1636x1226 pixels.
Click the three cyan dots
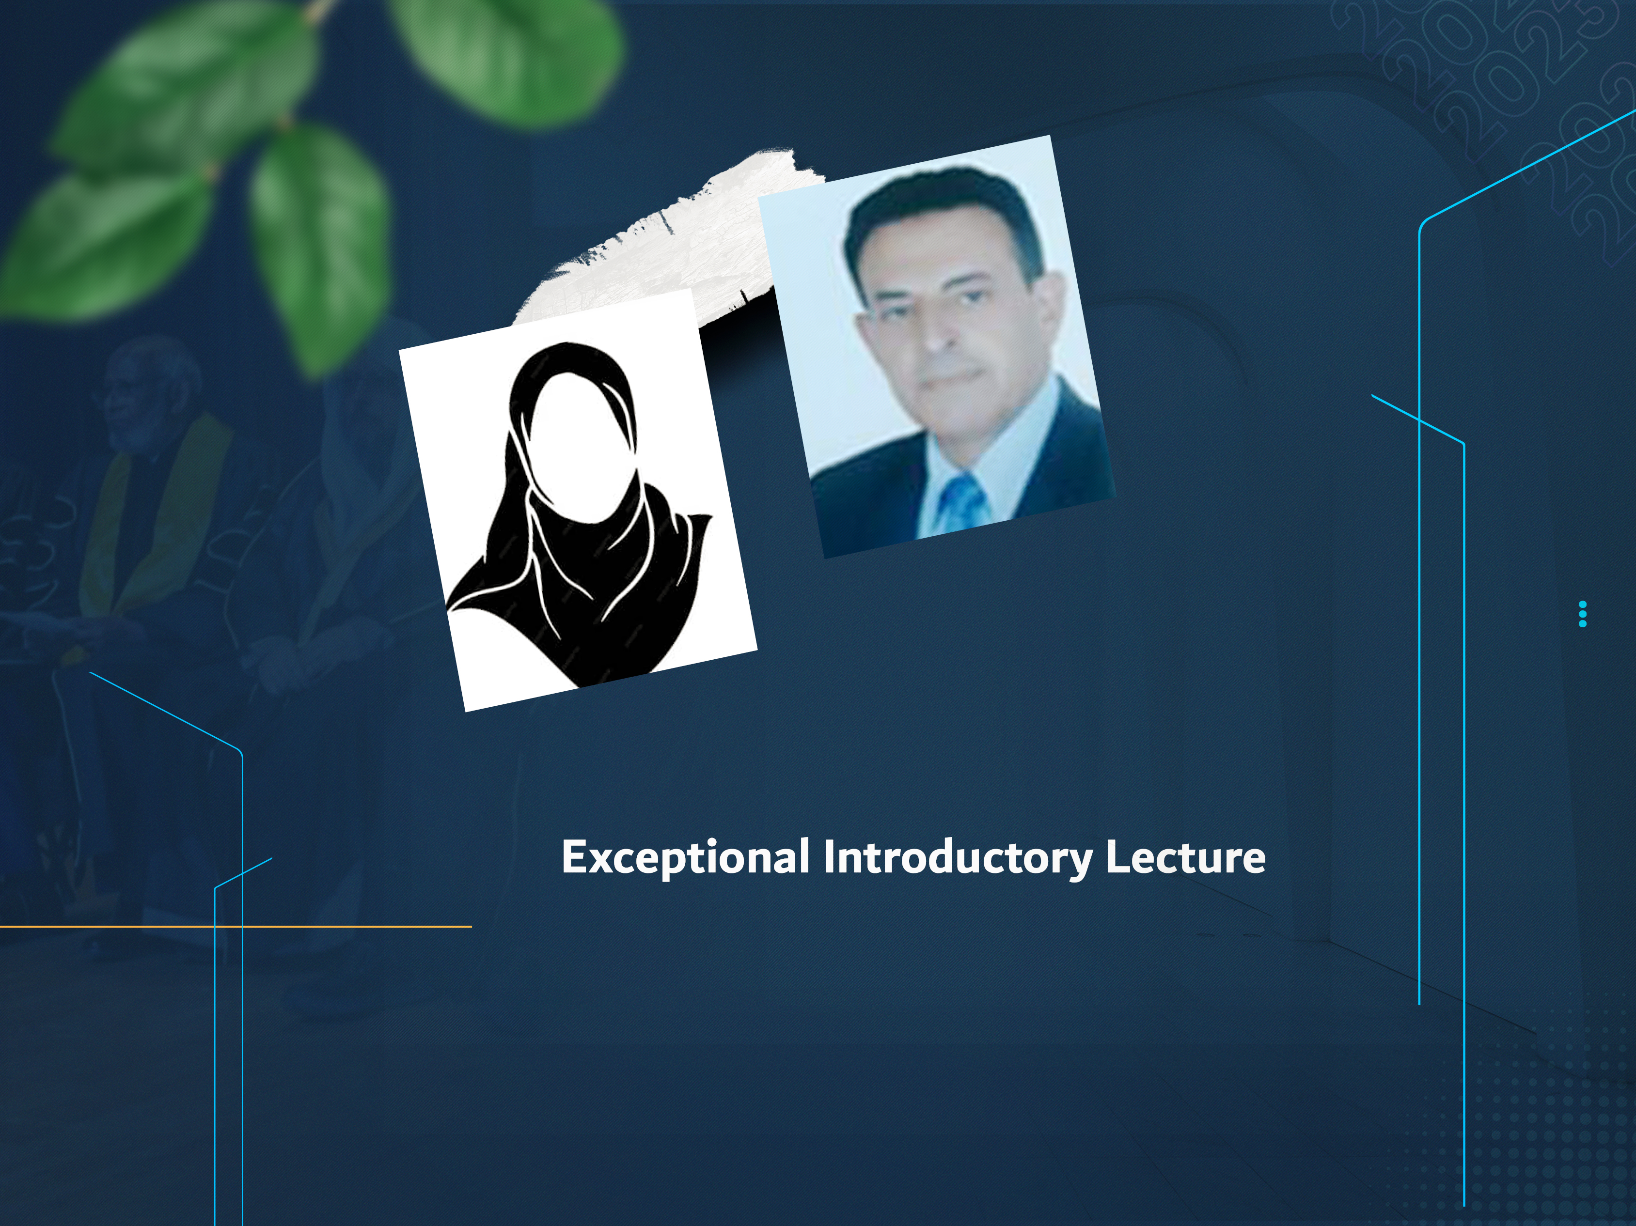(x=1582, y=614)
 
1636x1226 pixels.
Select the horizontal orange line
(x=235, y=926)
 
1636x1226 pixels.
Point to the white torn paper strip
(x=666, y=244)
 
